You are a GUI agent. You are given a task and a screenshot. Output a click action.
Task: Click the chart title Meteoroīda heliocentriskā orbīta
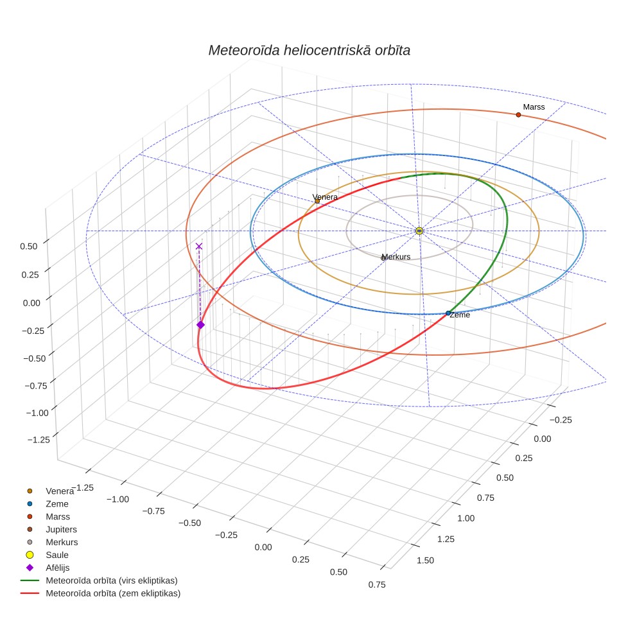click(x=309, y=50)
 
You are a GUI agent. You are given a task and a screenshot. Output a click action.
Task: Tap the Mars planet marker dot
click(x=518, y=115)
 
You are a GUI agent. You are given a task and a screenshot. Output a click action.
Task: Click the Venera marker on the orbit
click(x=317, y=202)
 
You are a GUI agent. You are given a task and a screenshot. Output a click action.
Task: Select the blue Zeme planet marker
click(x=448, y=313)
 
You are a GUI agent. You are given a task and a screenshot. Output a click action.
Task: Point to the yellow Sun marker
click(x=419, y=231)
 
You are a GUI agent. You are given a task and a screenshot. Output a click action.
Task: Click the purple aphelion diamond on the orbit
click(x=200, y=325)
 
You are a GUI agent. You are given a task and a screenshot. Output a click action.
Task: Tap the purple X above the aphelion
click(x=199, y=247)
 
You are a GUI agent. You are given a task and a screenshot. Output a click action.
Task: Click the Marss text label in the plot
click(x=534, y=107)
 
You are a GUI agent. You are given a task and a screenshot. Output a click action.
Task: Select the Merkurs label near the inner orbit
click(x=396, y=257)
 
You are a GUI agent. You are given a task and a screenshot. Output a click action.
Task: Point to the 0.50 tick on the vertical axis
click(x=29, y=247)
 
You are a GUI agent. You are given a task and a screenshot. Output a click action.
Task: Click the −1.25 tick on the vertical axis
click(x=39, y=440)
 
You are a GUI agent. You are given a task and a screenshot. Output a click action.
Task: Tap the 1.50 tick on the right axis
click(x=425, y=561)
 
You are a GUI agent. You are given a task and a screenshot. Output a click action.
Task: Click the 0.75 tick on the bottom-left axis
click(x=377, y=585)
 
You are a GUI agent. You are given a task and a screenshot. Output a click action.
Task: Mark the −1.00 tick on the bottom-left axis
click(x=118, y=500)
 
